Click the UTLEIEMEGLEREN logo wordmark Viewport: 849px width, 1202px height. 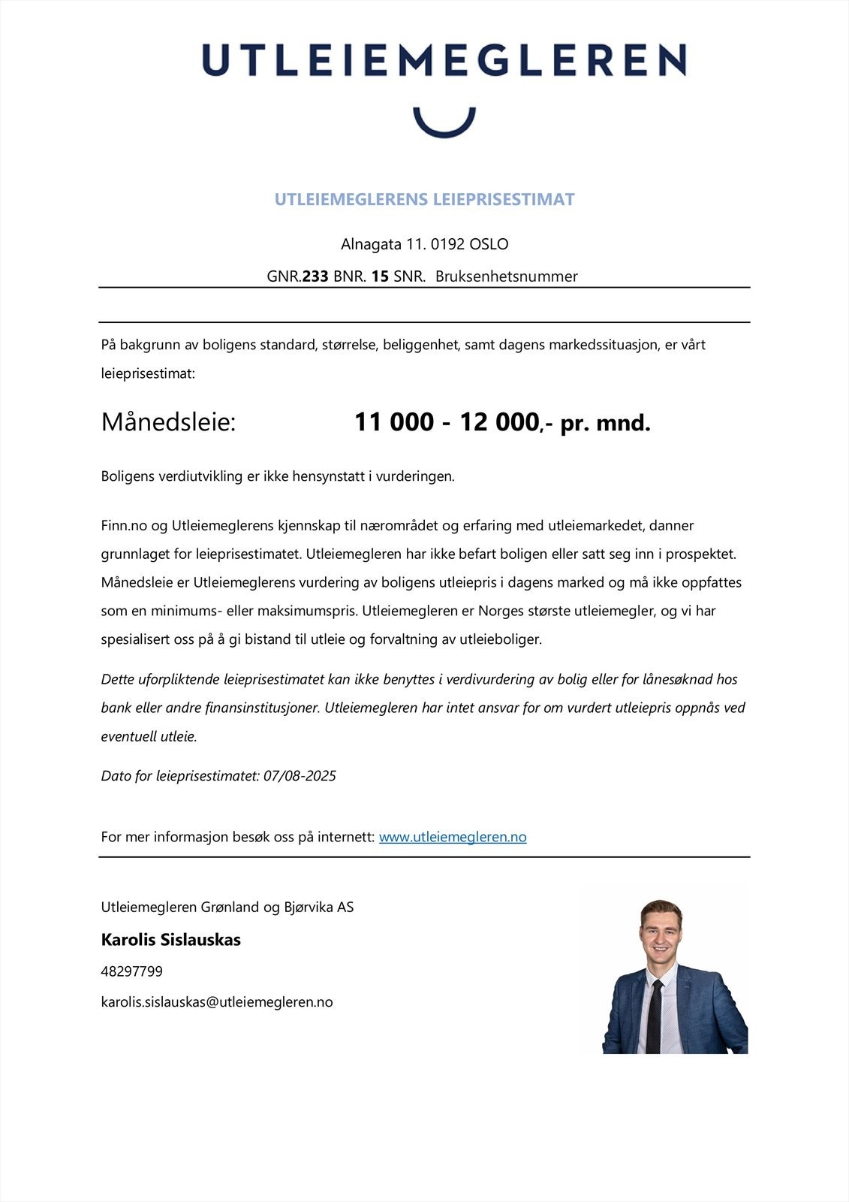(x=444, y=60)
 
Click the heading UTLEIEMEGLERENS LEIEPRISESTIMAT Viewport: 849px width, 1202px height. (x=424, y=200)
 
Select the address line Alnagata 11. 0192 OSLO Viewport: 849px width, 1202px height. (x=424, y=244)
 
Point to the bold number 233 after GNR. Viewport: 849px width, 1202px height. (x=315, y=276)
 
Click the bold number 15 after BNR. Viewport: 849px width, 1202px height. (x=380, y=276)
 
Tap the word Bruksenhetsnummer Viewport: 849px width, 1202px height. (x=507, y=276)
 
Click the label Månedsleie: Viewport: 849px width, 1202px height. (x=168, y=422)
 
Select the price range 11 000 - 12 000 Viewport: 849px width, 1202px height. (x=446, y=422)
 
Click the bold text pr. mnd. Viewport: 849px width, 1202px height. (x=605, y=423)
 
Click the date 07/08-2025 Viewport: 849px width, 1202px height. (x=300, y=776)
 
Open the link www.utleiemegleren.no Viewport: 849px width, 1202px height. (x=453, y=837)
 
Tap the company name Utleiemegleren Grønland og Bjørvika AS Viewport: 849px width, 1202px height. (x=227, y=908)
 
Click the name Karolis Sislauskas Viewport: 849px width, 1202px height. (x=170, y=940)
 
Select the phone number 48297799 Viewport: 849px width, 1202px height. (x=131, y=971)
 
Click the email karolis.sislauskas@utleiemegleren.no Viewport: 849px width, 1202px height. (x=216, y=1002)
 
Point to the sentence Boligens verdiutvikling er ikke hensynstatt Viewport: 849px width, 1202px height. (x=278, y=476)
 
